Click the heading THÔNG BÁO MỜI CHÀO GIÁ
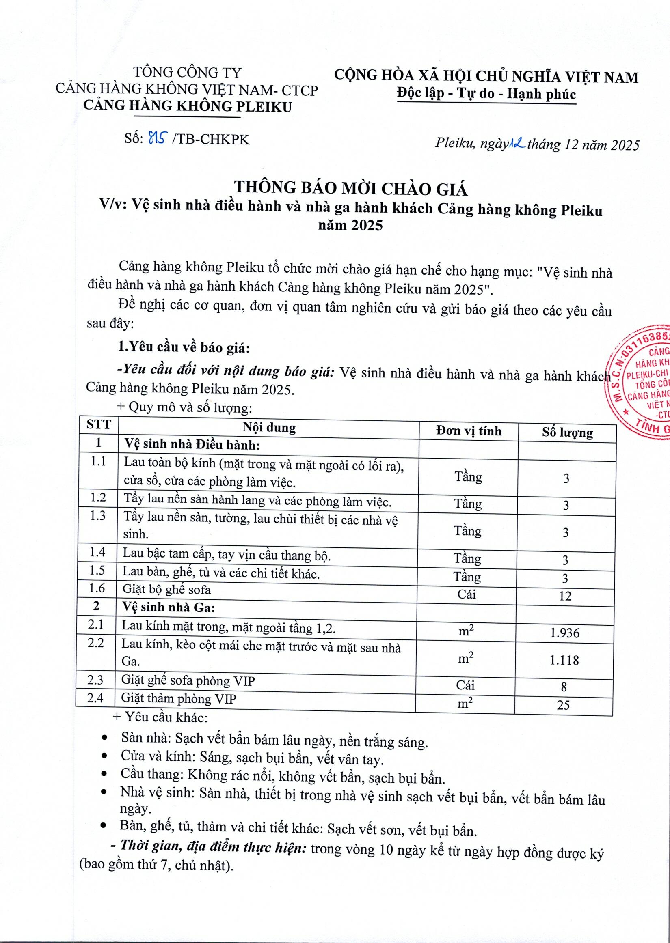coord(351,188)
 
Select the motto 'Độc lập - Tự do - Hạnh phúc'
coord(486,94)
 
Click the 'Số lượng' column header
coord(567,433)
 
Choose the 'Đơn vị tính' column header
coord(469,431)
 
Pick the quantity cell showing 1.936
coord(564,633)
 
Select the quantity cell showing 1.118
coord(564,660)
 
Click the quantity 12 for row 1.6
coord(565,596)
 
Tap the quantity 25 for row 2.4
coord(563,705)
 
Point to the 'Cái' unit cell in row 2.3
coord(465,685)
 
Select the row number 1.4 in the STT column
coord(97,552)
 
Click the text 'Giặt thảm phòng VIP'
coord(179,699)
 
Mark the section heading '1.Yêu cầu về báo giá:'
coord(184,347)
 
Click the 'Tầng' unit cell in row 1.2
coord(468,504)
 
